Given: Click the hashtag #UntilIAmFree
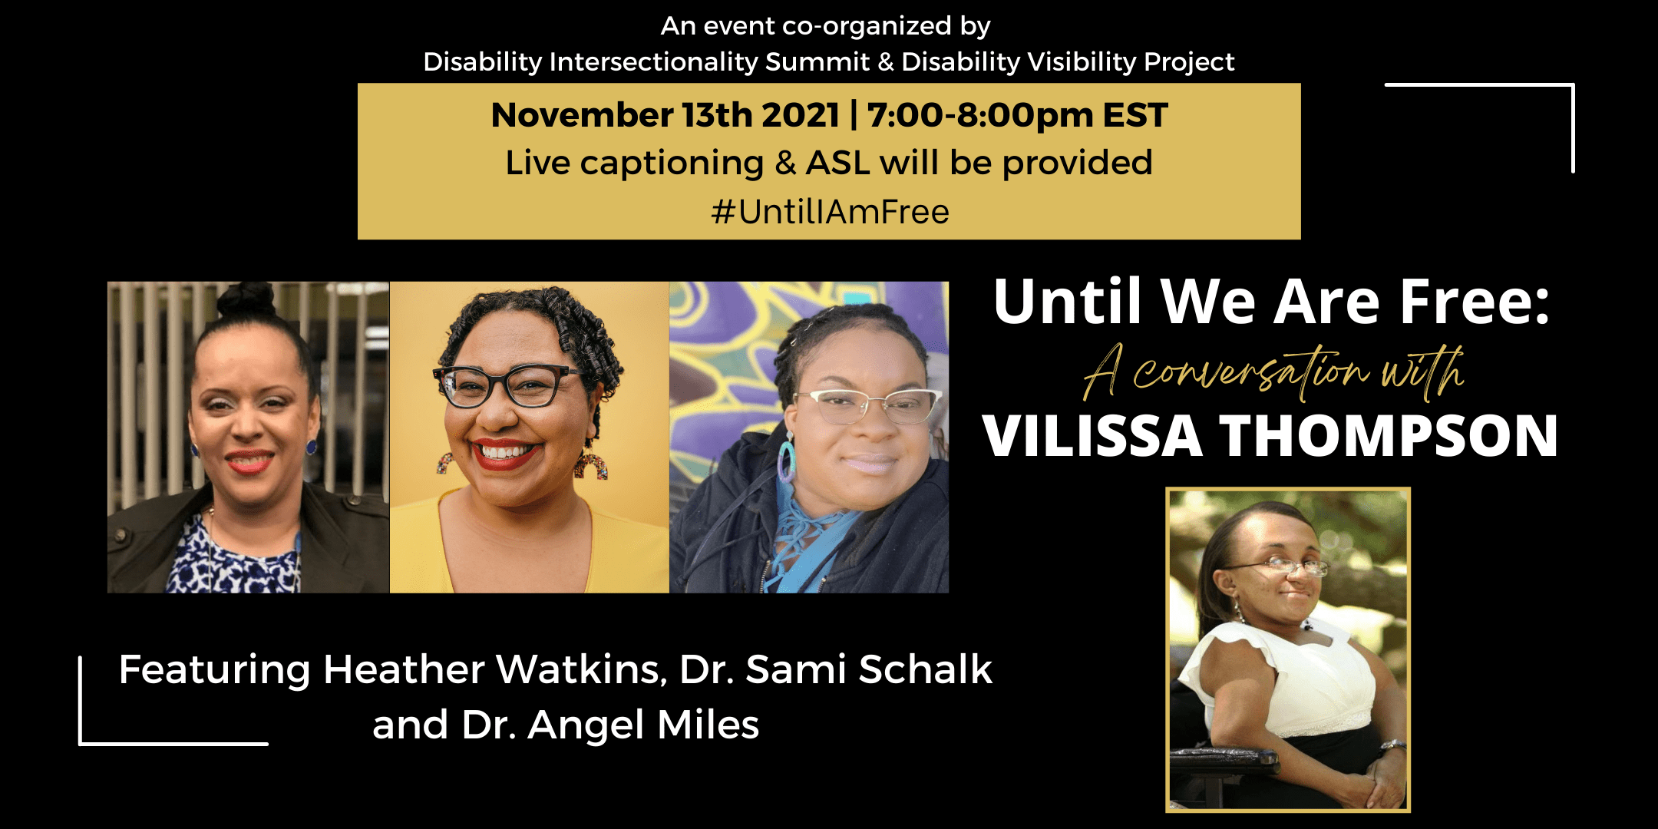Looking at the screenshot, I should [x=830, y=212].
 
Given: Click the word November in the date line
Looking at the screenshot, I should [x=582, y=115].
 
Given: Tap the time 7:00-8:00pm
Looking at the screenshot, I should [x=979, y=115].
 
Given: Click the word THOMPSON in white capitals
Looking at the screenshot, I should [x=1389, y=436].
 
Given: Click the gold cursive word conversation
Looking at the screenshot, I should [x=1251, y=373].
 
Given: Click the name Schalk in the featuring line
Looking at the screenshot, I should [x=926, y=669].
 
